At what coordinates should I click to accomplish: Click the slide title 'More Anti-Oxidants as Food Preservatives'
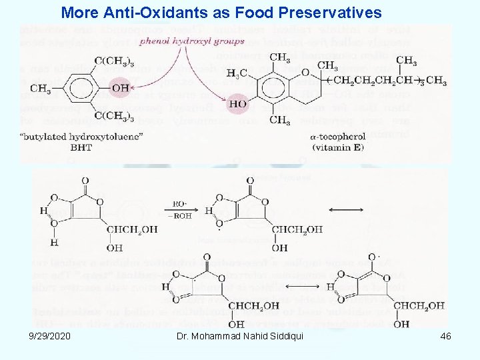tap(221, 12)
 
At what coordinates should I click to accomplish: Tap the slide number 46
tap(445, 336)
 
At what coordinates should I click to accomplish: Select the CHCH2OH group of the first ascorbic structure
tap(132, 229)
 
